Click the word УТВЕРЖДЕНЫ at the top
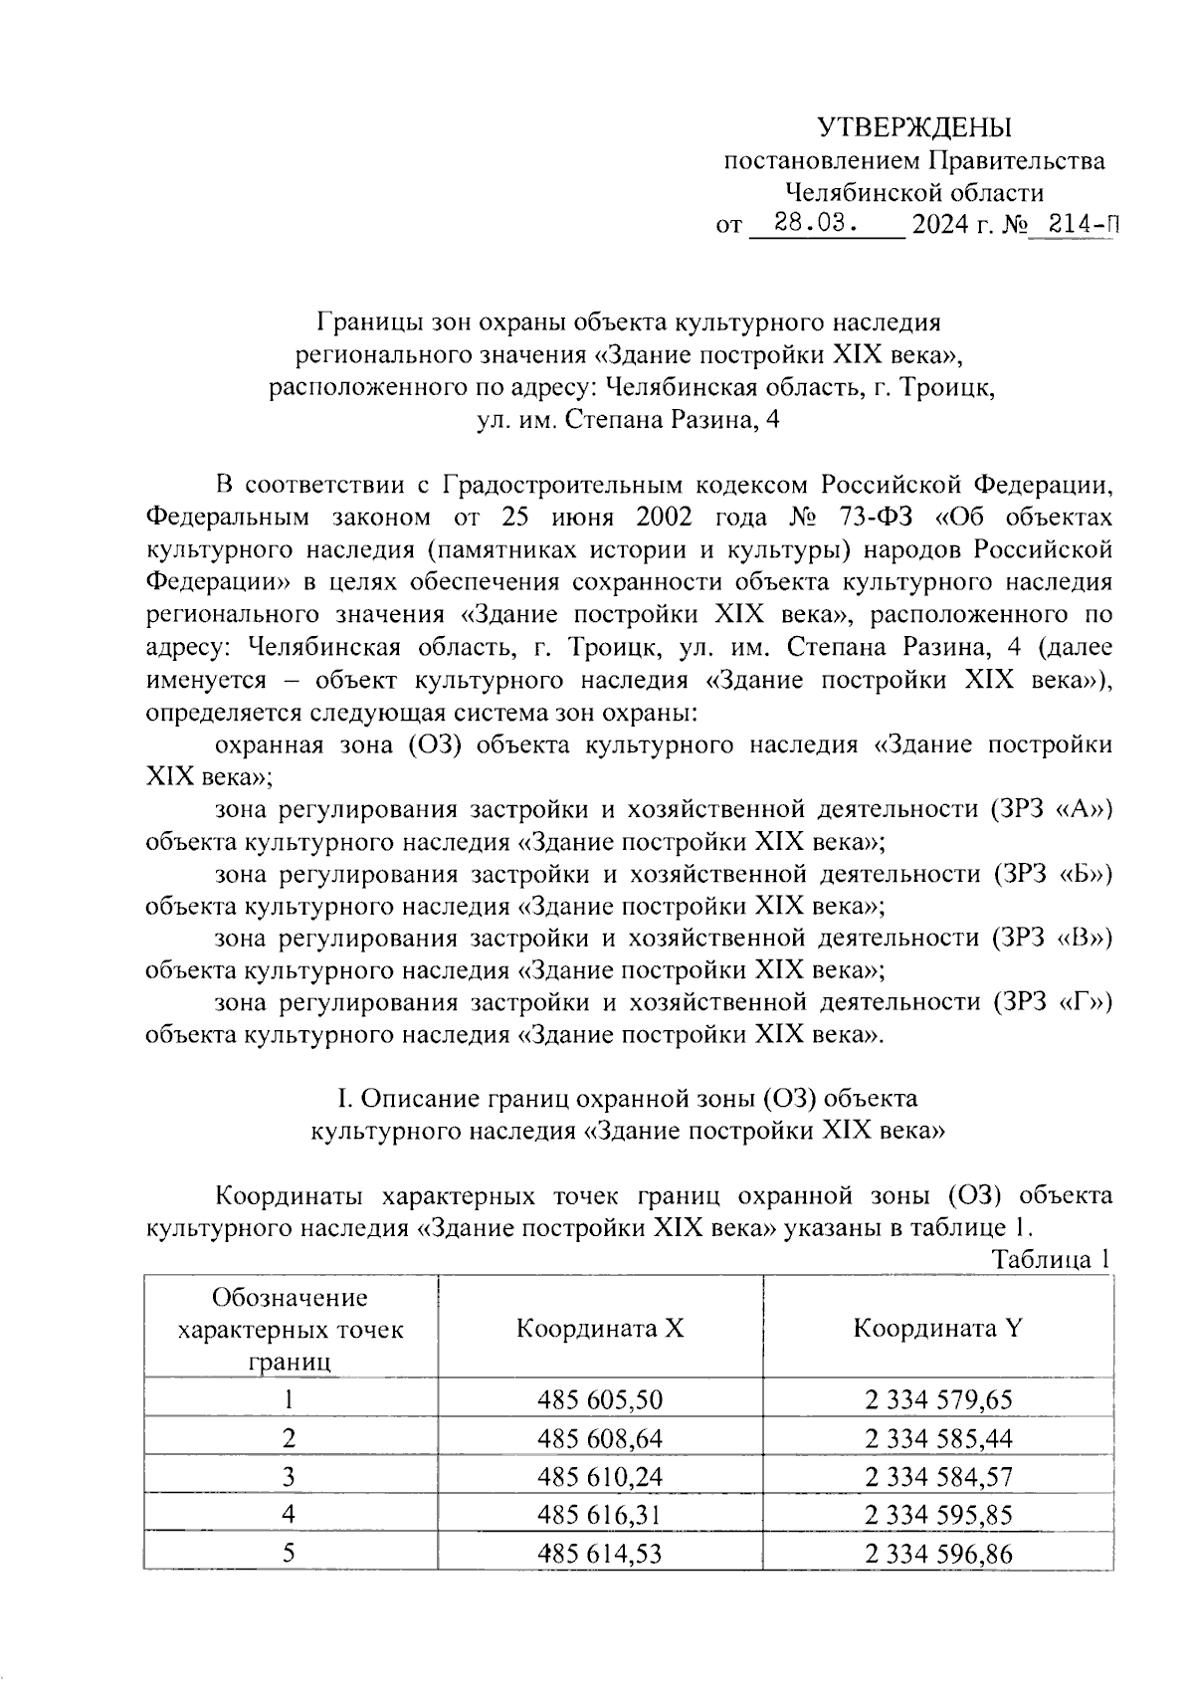click(x=913, y=127)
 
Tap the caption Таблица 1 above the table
click(x=1051, y=1259)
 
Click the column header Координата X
click(x=600, y=1329)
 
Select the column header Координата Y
click(x=938, y=1329)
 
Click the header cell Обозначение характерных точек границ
click(x=290, y=1329)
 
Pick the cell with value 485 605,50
click(x=600, y=1400)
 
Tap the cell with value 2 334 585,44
click(x=938, y=1438)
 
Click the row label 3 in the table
click(x=289, y=1476)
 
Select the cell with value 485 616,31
click(x=600, y=1515)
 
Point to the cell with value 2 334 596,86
click(x=938, y=1553)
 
